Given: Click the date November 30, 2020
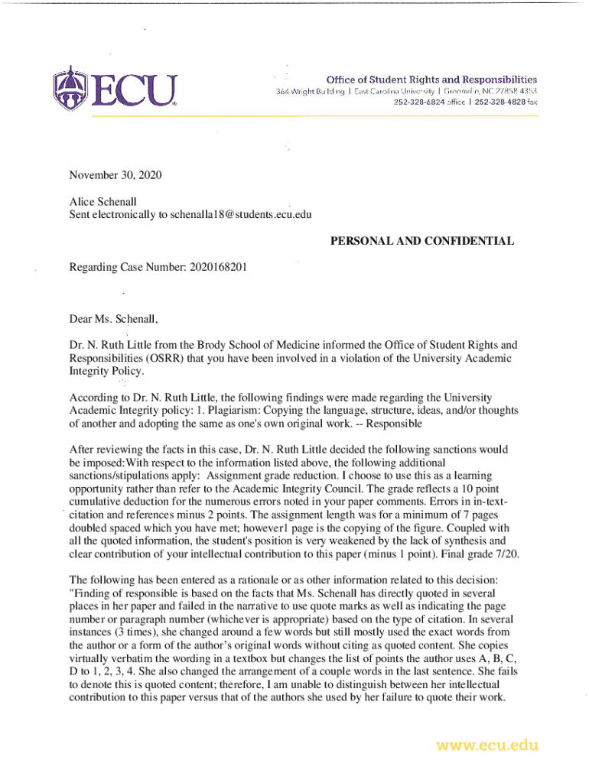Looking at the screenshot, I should (116, 175).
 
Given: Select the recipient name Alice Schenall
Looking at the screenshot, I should (103, 201).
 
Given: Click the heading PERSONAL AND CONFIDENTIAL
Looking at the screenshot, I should (421, 242).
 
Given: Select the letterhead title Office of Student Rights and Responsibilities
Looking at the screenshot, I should (431, 80).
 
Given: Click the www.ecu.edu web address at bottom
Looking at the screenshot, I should (487, 745).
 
